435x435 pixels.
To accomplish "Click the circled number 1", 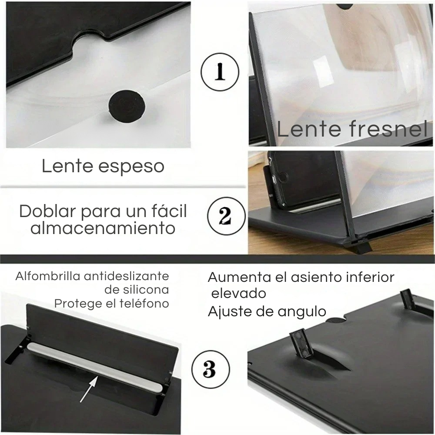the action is click(x=220, y=71).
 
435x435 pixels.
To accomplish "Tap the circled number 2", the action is click(x=226, y=216).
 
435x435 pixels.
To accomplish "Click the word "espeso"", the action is click(x=131, y=167).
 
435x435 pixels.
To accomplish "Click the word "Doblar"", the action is click(x=47, y=211).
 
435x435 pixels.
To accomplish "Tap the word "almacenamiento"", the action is click(x=103, y=228).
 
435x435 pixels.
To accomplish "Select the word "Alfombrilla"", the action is click(x=48, y=276).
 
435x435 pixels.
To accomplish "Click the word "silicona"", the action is click(x=146, y=290).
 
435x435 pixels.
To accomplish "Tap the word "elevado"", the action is click(x=238, y=293).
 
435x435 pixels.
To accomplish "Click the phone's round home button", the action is click(x=281, y=177).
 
